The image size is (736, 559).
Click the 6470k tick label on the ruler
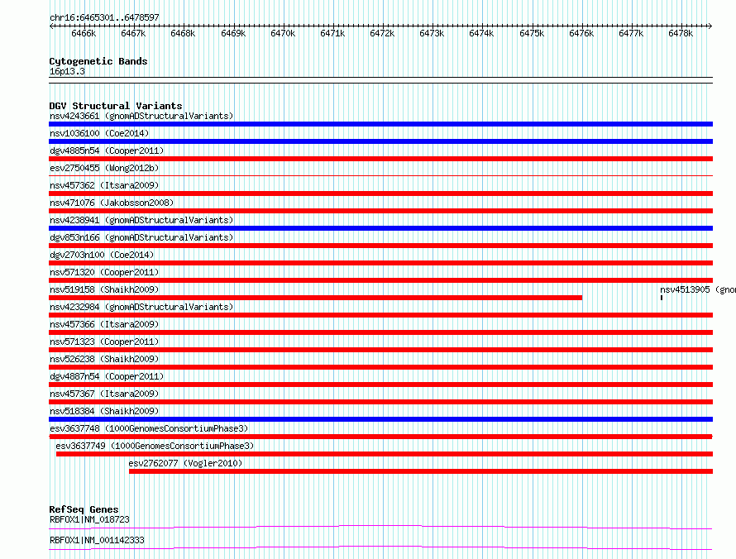pyautogui.click(x=283, y=33)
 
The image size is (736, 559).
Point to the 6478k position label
pyautogui.click(x=681, y=33)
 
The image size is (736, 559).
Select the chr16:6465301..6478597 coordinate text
pyautogui.click(x=105, y=18)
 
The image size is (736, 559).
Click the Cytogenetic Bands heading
pyautogui.click(x=98, y=61)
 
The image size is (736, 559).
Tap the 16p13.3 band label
pyautogui.click(x=67, y=71)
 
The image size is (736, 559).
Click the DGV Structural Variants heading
pyautogui.click(x=116, y=106)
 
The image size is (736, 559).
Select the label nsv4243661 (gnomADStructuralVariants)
pyautogui.click(x=141, y=116)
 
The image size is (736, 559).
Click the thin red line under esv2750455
pyautogui.click(x=380, y=176)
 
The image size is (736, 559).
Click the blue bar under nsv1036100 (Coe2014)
pyautogui.click(x=380, y=141)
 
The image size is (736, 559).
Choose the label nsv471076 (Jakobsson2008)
pyautogui.click(x=112, y=203)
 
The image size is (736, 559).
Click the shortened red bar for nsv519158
pyautogui.click(x=315, y=298)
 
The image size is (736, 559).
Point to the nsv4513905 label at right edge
pyautogui.click(x=697, y=289)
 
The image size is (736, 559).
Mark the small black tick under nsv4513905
pyautogui.click(x=662, y=298)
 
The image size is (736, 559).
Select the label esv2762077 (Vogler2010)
pyautogui.click(x=185, y=463)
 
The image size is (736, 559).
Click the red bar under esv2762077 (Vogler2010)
pyautogui.click(x=421, y=471)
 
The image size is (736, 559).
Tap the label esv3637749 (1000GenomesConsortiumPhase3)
pyautogui.click(x=155, y=446)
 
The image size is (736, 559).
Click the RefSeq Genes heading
pyautogui.click(x=84, y=509)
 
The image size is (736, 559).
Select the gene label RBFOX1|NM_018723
pyautogui.click(x=89, y=519)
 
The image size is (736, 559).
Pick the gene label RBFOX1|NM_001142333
pyautogui.click(x=97, y=540)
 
